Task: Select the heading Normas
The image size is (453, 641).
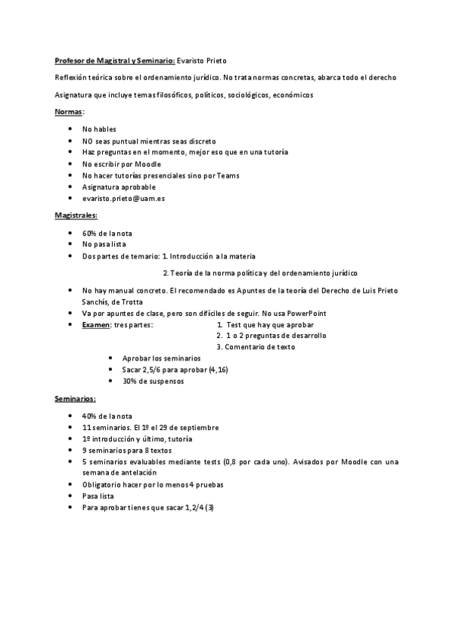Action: pos(68,112)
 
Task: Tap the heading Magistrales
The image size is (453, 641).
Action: pos(76,215)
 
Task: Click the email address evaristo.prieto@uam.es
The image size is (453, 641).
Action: pos(124,198)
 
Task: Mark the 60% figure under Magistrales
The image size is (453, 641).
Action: pos(90,233)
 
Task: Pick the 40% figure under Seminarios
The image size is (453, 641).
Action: pos(90,416)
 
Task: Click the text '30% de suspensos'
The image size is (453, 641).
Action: pos(153,381)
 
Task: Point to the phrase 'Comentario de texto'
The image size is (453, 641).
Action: pos(256,347)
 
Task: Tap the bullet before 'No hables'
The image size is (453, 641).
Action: pos(70,129)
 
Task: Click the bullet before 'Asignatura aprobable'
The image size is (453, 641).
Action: pos(70,187)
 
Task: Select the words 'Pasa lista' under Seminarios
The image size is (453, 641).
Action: pos(99,495)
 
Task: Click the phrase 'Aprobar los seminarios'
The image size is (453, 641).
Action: pos(161,358)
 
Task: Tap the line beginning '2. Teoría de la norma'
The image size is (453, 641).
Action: pos(260,273)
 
